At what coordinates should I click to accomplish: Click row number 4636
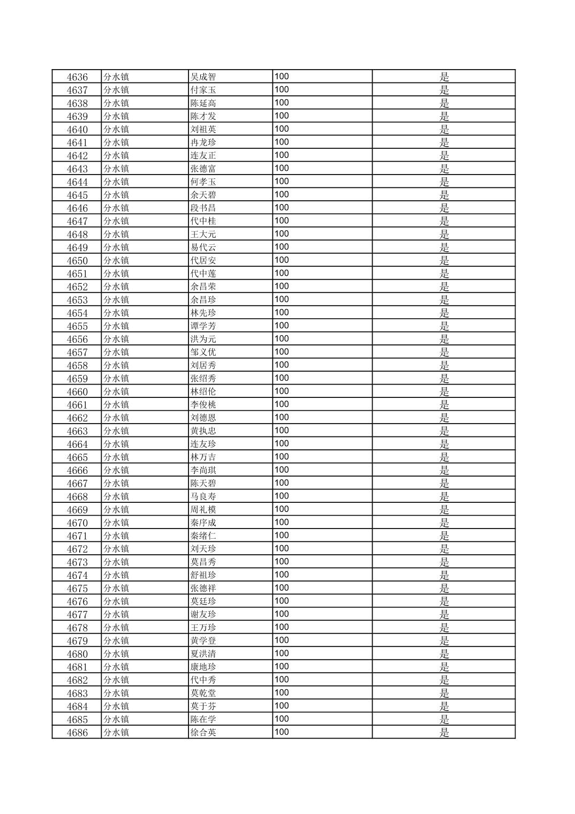pos(77,77)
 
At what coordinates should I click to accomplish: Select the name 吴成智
pos(203,77)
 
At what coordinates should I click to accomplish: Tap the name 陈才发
pos(203,116)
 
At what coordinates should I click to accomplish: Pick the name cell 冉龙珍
pos(203,142)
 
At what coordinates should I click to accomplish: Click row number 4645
pos(77,195)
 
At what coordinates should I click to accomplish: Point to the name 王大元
pos(203,234)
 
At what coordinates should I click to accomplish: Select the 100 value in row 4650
pos(282,260)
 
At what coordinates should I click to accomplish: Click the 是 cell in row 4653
pos(444,300)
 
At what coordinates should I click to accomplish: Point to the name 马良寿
pos(203,496)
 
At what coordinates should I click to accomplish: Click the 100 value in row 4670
pos(282,523)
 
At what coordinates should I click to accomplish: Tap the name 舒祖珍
pos(203,575)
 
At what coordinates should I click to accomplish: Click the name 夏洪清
pos(203,654)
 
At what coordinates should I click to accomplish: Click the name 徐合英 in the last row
pos(203,733)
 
